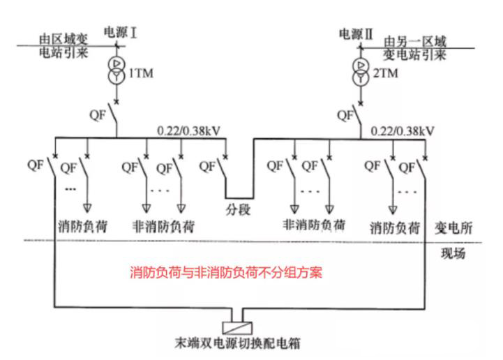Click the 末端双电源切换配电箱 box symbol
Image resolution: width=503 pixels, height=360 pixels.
[241, 327]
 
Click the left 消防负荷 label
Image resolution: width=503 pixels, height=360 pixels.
[85, 227]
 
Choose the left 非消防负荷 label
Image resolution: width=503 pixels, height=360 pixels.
[163, 227]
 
